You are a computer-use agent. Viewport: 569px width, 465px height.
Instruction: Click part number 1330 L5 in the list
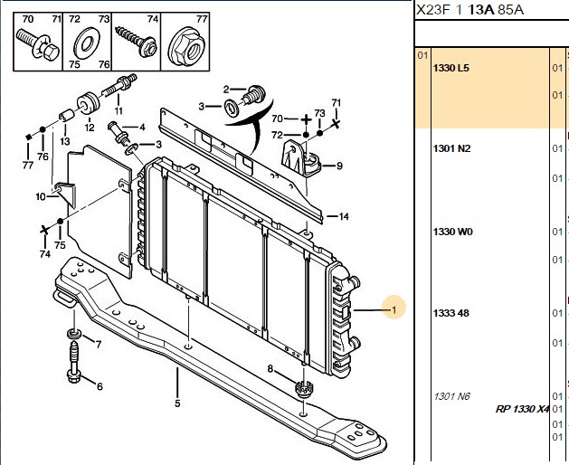pyautogui.click(x=451, y=68)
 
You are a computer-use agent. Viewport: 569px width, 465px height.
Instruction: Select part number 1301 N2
pyautogui.click(x=451, y=148)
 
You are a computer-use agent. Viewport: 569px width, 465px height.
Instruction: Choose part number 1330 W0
pyautogui.click(x=453, y=232)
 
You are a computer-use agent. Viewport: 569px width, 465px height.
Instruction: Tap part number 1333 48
pyautogui.click(x=451, y=313)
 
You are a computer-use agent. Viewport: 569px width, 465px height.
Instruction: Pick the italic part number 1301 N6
pyautogui.click(x=451, y=396)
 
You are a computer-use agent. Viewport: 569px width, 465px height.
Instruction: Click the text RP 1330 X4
pyautogui.click(x=522, y=409)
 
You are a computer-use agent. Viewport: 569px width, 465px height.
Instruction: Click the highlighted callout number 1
pyautogui.click(x=394, y=310)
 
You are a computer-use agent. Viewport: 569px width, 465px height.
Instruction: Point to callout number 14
pyautogui.click(x=344, y=217)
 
